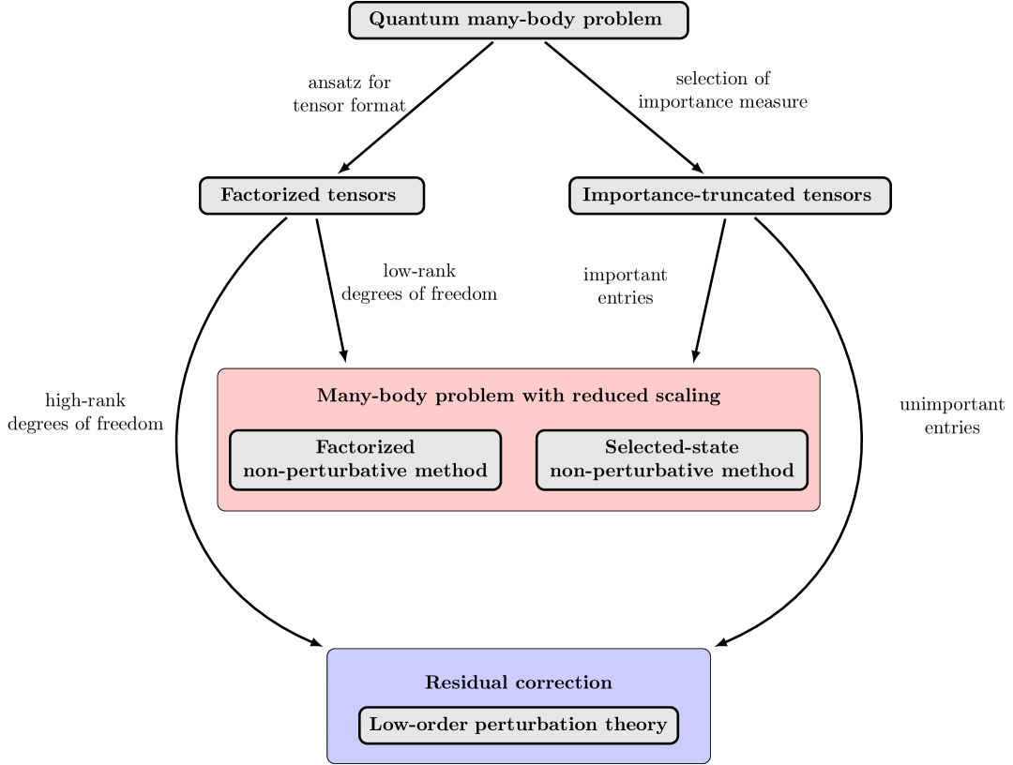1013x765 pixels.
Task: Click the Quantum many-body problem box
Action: pyautogui.click(x=518, y=20)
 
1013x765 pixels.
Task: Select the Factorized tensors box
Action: pyautogui.click(x=311, y=195)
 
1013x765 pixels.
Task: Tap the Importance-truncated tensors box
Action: pyautogui.click(x=730, y=195)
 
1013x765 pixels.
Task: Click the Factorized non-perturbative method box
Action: pyautogui.click(x=365, y=459)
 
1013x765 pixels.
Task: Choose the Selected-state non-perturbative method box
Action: pyautogui.click(x=672, y=459)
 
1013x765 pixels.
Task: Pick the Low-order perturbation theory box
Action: pyautogui.click(x=518, y=725)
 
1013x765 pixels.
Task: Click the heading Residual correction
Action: pyautogui.click(x=518, y=682)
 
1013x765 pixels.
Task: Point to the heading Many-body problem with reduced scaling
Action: pyautogui.click(x=518, y=396)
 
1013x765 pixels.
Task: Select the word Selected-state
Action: pyautogui.click(x=672, y=447)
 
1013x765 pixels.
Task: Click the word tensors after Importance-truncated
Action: pyautogui.click(x=837, y=195)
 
